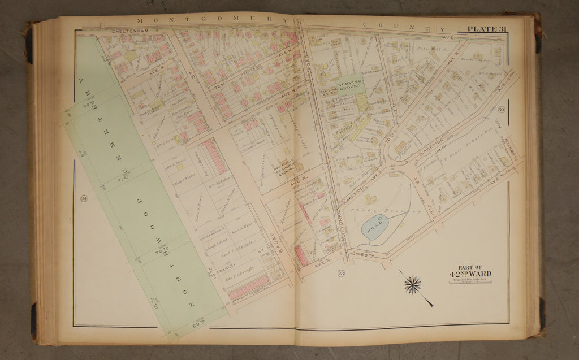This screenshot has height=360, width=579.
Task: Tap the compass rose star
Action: click(x=412, y=285)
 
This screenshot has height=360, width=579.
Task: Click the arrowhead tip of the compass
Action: click(x=432, y=306)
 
